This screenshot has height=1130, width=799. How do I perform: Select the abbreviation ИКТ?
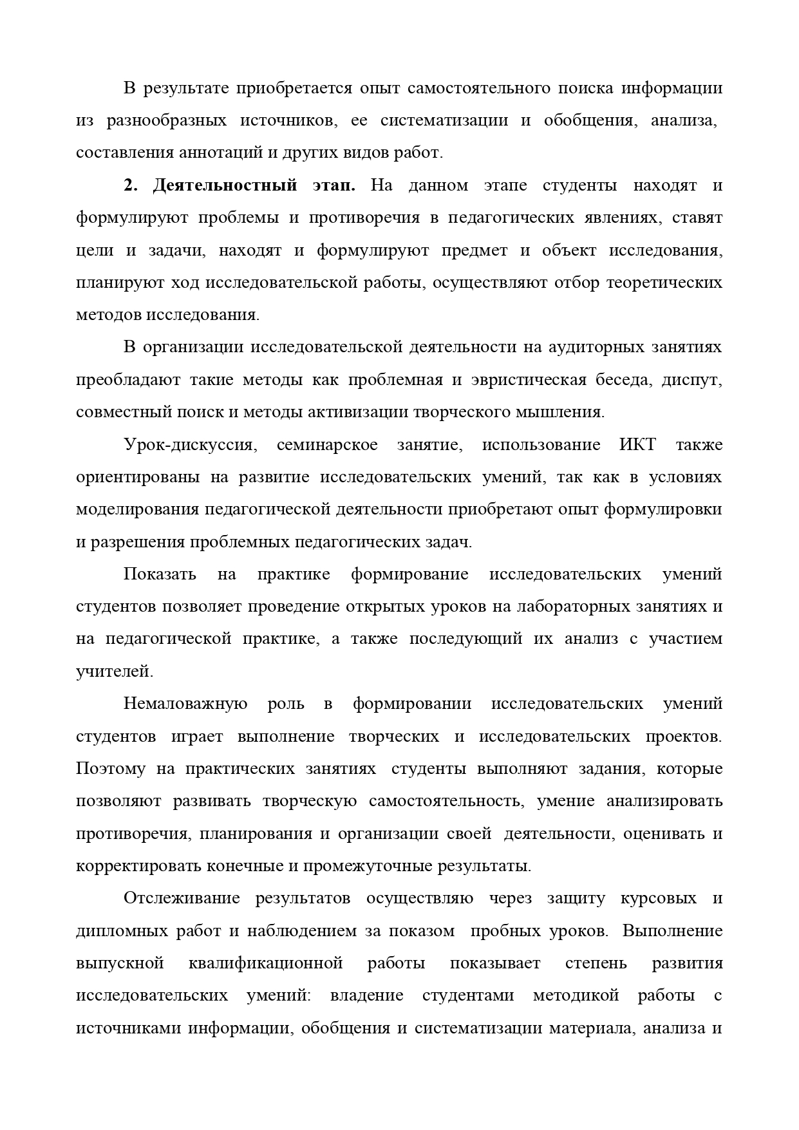coord(637,445)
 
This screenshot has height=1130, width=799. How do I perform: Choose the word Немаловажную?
coord(185,704)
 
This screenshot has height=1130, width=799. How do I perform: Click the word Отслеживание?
coord(182,898)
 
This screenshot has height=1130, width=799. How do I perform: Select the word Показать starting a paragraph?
coord(160,574)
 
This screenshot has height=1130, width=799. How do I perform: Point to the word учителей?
coord(114,672)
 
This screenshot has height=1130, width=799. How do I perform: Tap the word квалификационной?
coord(265,963)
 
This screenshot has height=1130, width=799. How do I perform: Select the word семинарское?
coord(327,445)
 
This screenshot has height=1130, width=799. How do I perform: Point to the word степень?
coord(595,963)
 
